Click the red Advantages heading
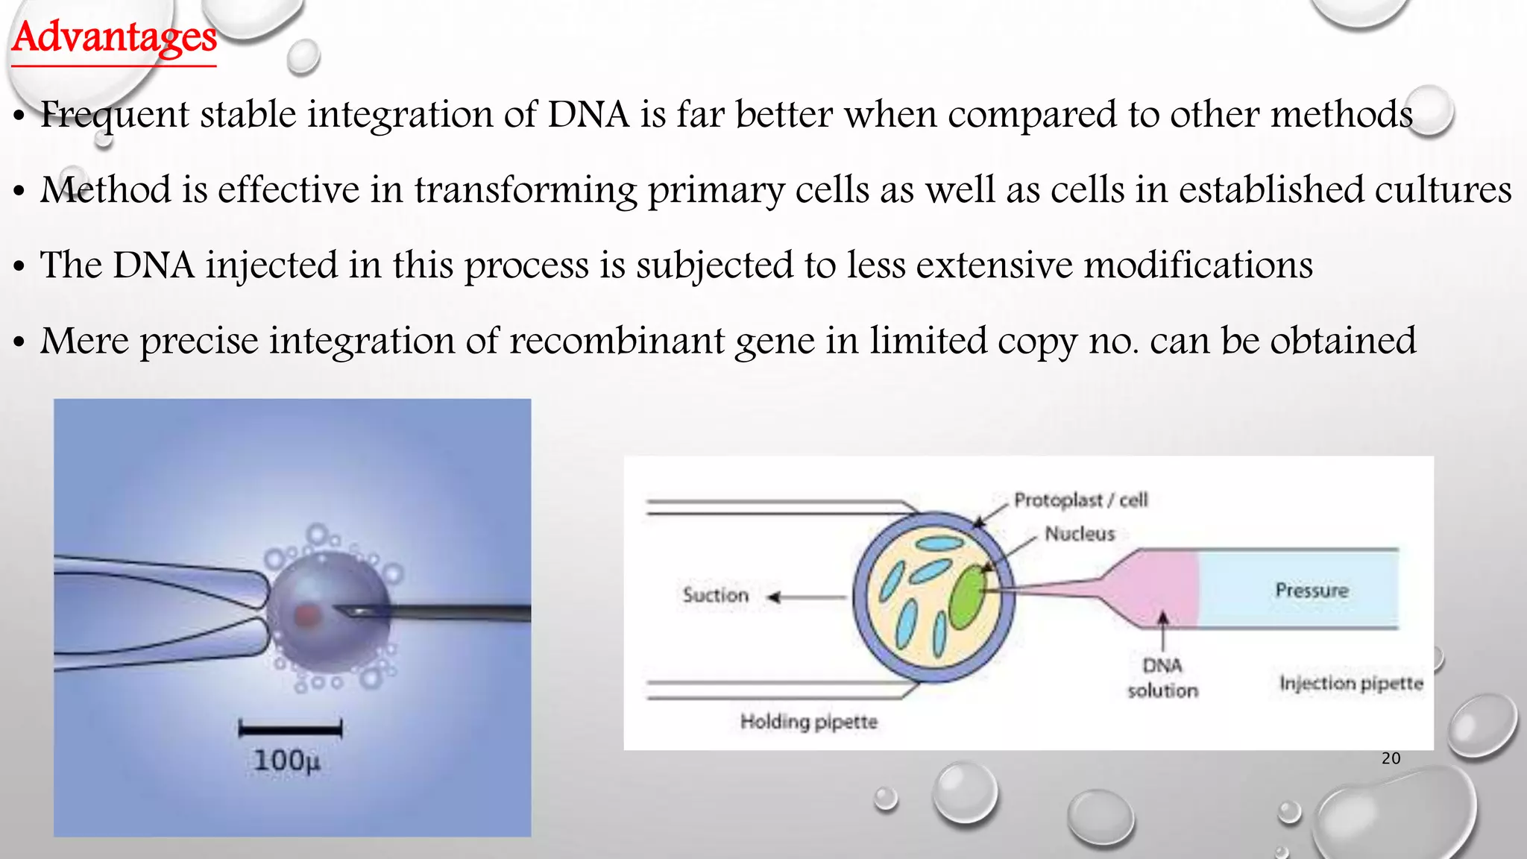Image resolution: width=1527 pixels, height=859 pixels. point(114,37)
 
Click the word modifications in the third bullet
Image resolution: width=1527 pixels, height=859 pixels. point(1197,265)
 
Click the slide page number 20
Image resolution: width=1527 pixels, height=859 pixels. point(1391,758)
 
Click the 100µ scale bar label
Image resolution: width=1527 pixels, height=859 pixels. point(287,761)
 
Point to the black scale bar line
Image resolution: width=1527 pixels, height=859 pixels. point(290,728)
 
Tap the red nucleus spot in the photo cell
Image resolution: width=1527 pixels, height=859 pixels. point(306,615)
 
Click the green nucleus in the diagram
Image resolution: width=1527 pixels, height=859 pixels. point(968,597)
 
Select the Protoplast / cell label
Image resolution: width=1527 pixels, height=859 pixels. point(1080,500)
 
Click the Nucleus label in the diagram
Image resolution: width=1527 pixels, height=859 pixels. point(1080,534)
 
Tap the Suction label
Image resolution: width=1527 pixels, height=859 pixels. point(715,595)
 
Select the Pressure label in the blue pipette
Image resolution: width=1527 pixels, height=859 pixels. point(1312,591)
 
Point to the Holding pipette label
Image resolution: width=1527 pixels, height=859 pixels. point(808,721)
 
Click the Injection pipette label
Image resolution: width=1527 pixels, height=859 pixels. point(1351,683)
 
